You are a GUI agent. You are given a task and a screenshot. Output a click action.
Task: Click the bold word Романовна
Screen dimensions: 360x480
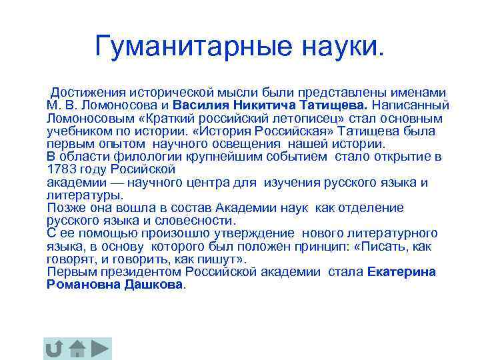pos(81,285)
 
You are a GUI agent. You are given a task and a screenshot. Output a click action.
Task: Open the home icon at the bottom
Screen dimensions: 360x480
pos(78,349)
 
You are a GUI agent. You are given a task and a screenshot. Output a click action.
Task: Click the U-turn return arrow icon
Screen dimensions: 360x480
pos(55,349)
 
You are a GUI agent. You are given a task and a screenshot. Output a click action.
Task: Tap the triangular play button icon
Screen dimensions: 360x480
pos(100,348)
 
